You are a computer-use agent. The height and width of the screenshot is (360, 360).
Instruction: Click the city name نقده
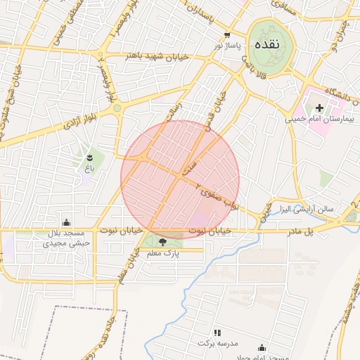click(x=266, y=44)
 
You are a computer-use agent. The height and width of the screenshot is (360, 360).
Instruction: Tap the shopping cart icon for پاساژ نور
click(x=226, y=34)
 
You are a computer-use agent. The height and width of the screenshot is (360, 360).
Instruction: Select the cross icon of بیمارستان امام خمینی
click(x=320, y=108)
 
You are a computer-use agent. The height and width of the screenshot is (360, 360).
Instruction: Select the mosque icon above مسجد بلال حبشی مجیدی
click(x=66, y=222)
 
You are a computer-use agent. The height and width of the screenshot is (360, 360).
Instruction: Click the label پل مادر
click(x=298, y=231)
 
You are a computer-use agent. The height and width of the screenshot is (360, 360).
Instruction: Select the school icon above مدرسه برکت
click(x=217, y=332)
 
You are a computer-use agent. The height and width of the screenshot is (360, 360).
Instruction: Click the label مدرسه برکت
click(x=219, y=343)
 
